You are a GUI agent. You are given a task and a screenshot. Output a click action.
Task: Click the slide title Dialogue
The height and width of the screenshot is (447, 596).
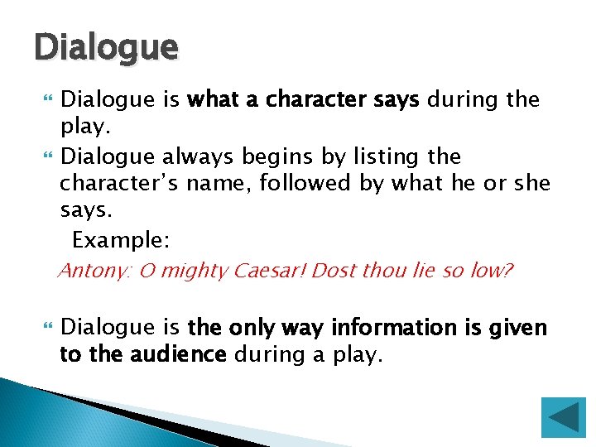tap(106, 47)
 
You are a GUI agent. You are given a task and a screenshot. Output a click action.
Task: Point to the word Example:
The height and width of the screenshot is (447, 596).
tap(121, 241)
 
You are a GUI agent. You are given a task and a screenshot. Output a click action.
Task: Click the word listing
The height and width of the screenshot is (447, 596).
tap(387, 156)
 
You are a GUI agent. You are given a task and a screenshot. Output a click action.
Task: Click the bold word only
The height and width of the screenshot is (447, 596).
tap(248, 329)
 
